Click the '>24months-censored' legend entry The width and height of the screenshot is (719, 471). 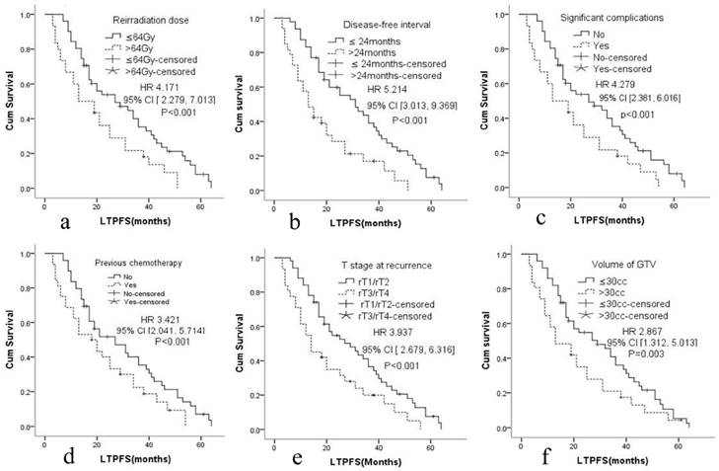pos(390,75)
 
